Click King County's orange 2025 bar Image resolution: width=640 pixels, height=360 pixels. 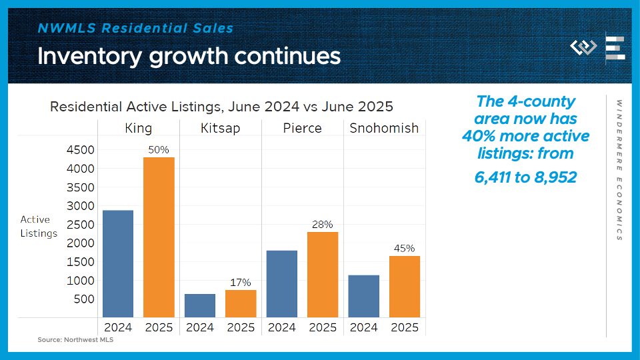(159, 237)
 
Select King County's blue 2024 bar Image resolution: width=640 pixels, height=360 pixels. (118, 264)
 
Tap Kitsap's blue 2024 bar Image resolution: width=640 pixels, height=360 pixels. (200, 305)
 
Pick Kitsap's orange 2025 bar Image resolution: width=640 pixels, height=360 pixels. (241, 303)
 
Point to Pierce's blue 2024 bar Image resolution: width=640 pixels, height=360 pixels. (282, 284)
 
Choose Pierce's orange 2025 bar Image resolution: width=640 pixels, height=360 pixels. (323, 275)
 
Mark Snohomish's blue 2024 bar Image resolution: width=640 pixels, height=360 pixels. (363, 296)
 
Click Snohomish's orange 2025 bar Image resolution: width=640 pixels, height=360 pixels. (405, 287)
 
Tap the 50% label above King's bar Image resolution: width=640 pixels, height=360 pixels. (159, 150)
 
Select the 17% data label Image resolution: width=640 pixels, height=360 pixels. (241, 283)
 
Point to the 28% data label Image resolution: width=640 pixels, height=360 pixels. (323, 225)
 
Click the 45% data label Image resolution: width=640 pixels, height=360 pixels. (405, 249)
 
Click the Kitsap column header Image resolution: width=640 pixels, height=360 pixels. (221, 128)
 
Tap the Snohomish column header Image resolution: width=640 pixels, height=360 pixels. (384, 128)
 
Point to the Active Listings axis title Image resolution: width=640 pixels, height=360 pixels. (39, 226)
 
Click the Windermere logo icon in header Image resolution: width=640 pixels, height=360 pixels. (583, 48)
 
